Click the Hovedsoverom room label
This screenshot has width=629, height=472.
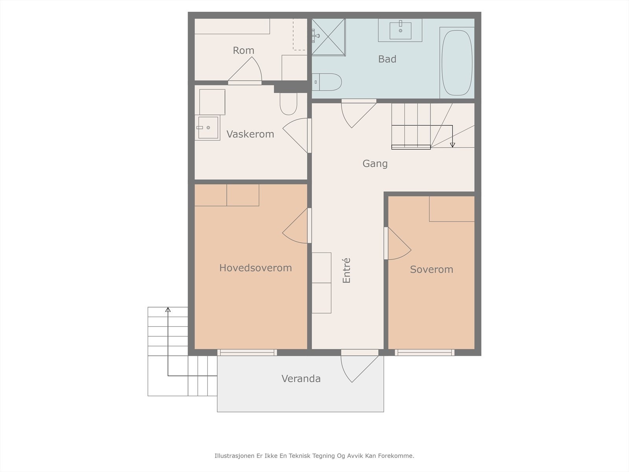255,268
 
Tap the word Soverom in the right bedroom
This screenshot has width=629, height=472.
431,269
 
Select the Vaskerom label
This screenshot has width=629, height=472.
250,134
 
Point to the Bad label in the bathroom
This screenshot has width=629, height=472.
387,59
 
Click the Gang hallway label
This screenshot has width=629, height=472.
375,164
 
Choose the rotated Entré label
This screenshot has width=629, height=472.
346,270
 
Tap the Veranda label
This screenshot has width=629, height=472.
301,378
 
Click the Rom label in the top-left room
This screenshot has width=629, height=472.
243,50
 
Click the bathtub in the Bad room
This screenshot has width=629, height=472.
457,63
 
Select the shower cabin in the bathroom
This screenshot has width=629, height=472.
328,37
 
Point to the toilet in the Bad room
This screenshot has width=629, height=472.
327,82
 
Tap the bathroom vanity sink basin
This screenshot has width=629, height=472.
400,31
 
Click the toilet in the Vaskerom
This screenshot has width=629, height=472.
288,104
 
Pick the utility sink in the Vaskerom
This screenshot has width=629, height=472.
208,127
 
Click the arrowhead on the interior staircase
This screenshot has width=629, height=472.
452,145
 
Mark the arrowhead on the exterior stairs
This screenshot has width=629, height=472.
168,310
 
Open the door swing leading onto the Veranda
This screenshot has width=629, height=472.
360,369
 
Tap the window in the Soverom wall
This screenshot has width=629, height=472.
425,352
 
